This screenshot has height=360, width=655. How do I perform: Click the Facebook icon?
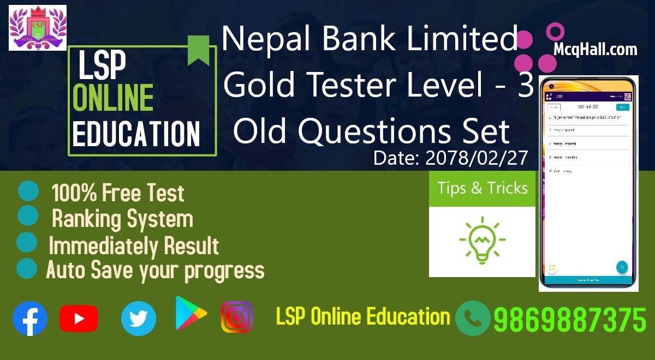tap(30, 319)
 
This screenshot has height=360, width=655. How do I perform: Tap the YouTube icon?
tap(79, 319)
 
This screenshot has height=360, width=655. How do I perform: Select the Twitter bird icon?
tap(139, 319)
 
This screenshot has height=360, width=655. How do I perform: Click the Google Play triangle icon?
tap(190, 314)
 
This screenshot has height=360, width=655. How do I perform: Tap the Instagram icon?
tap(237, 317)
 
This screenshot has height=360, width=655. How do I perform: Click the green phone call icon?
tap(473, 319)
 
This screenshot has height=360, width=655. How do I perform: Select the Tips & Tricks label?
tap(483, 188)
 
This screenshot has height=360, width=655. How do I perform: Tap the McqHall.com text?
tap(595, 50)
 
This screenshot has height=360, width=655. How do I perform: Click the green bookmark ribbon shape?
tap(199, 50)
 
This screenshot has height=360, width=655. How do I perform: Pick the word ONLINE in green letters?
tap(113, 99)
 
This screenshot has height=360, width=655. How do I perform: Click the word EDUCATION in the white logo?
tap(136, 134)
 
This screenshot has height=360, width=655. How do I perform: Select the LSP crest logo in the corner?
tap(38, 28)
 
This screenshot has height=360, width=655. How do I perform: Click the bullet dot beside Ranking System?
tap(28, 216)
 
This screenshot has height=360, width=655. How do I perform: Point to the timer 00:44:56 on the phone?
tap(588, 107)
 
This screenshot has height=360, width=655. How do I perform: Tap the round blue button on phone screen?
tap(622, 267)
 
